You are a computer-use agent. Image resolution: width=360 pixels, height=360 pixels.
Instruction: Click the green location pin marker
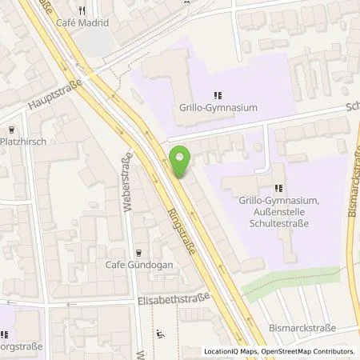(x=180, y=162)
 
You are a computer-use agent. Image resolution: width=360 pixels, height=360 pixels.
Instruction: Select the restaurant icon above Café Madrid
(x=82, y=11)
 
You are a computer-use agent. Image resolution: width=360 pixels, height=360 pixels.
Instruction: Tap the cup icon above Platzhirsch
(x=11, y=129)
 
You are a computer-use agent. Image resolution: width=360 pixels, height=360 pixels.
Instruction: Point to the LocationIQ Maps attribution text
(x=233, y=351)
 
